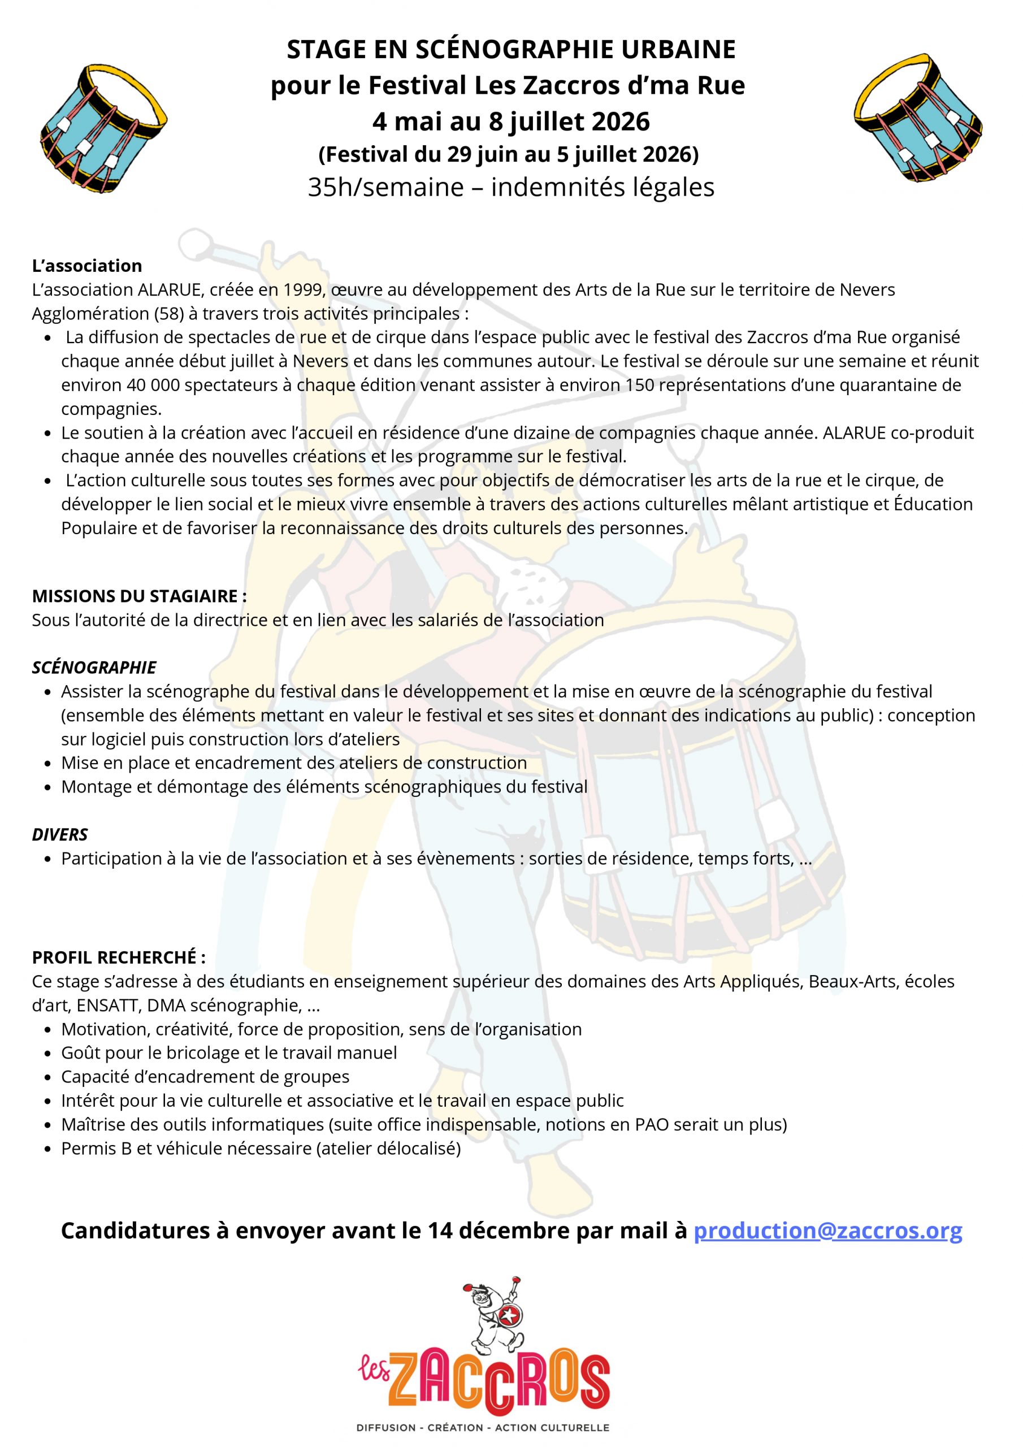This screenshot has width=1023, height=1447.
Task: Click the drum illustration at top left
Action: pyautogui.click(x=103, y=128)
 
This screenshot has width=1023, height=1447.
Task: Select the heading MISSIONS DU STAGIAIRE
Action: pyautogui.click(x=138, y=596)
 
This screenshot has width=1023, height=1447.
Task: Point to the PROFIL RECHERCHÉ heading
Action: pyautogui.click(x=119, y=958)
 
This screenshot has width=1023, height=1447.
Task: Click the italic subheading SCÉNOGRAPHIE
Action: pyautogui.click(x=94, y=668)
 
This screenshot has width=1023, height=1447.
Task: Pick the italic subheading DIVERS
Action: pyautogui.click(x=60, y=834)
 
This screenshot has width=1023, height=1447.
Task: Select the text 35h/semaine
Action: pyautogui.click(x=385, y=187)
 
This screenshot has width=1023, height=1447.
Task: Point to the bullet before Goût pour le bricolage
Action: pyautogui.click(x=48, y=1054)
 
